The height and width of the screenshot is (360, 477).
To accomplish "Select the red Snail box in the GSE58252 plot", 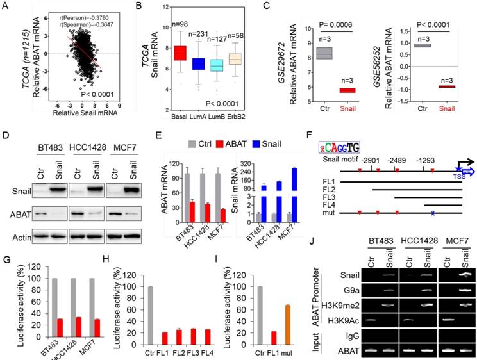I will tap(443, 86).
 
